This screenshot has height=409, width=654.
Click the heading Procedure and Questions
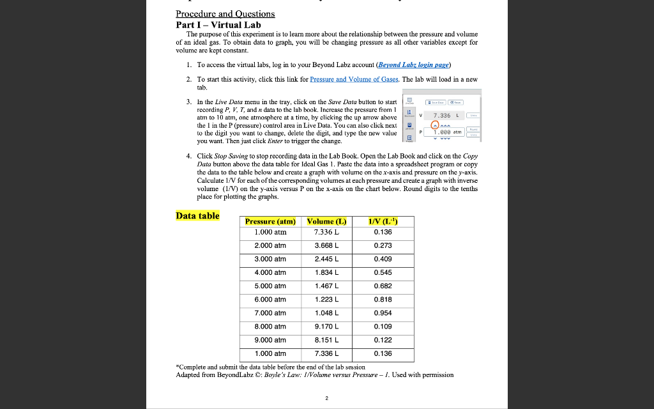coord(225,13)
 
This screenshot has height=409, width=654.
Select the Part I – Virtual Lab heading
coord(218,24)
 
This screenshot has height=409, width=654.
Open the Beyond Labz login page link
coord(414,65)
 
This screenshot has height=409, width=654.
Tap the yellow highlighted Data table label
coord(197,215)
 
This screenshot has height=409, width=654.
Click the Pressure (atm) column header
coord(271,222)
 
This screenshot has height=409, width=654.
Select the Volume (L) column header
coord(326,222)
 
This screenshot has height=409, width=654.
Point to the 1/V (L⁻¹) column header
coord(383,222)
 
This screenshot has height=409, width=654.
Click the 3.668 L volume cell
coord(326,245)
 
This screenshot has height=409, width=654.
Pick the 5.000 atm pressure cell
coord(271,286)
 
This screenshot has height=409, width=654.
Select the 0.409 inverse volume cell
coord(383,259)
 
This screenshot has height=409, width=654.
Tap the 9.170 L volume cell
coord(326,327)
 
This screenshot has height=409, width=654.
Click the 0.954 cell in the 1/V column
coord(383,313)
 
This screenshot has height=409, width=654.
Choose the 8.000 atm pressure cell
coord(271,327)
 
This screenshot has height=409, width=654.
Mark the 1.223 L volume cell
coord(326,300)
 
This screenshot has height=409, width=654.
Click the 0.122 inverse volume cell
coord(383,340)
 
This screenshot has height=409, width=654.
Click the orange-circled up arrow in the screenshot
coord(437,125)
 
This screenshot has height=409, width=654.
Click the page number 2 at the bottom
coord(326,397)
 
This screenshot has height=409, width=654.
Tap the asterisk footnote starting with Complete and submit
coord(270,367)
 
